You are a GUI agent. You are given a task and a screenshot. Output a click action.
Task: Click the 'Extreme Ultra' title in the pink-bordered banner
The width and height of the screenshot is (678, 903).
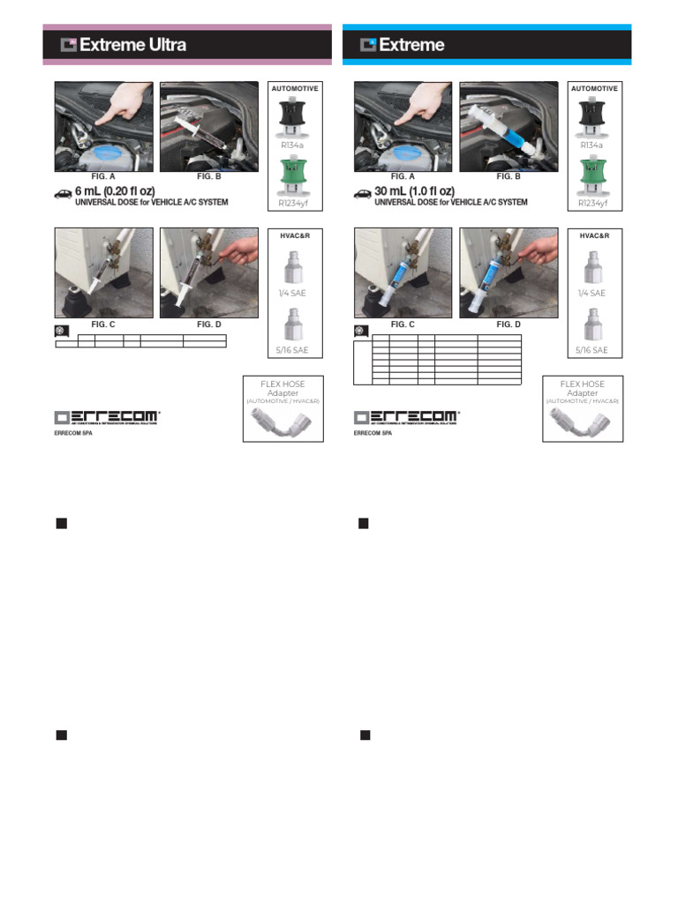pyautogui.click(x=132, y=45)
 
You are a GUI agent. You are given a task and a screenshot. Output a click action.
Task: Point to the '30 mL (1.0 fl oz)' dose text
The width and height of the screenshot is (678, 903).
pyautogui.click(x=414, y=191)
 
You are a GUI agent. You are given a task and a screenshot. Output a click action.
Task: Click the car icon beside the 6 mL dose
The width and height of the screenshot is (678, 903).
pyautogui.click(x=63, y=193)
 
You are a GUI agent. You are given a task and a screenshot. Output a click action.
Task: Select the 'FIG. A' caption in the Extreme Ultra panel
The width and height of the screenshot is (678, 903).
pyautogui.click(x=103, y=177)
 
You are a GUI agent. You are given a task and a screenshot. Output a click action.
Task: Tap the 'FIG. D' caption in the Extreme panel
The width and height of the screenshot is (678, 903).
pyautogui.click(x=508, y=325)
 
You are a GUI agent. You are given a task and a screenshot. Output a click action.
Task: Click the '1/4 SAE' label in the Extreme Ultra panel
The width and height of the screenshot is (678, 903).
pyautogui.click(x=293, y=293)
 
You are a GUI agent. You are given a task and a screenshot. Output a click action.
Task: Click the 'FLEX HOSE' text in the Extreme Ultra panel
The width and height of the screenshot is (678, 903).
pyautogui.click(x=283, y=384)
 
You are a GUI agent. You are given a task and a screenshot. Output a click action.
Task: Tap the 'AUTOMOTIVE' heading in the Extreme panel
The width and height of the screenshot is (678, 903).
pyautogui.click(x=594, y=89)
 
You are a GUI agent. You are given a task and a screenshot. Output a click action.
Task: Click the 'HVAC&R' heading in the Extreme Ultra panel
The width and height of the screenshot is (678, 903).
pyautogui.click(x=295, y=236)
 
